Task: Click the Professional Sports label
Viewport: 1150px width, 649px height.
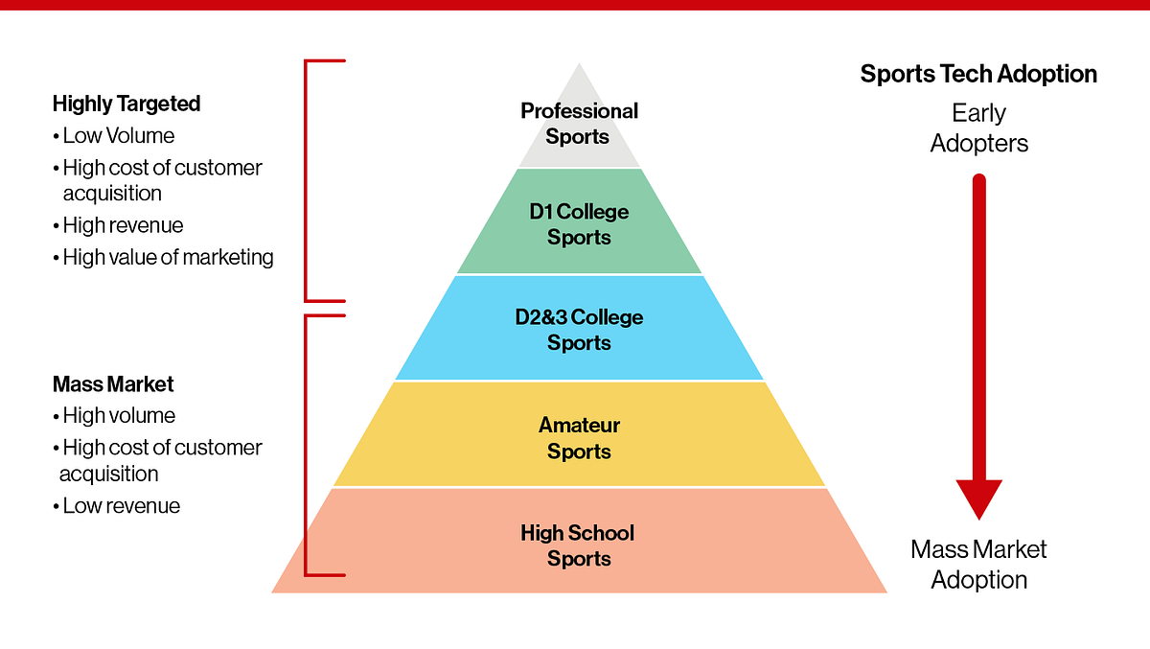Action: coord(579,124)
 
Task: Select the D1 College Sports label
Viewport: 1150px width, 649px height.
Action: coord(579,223)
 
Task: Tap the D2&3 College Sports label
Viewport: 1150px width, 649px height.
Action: coord(579,330)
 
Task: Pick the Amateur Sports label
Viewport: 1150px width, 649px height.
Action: coord(579,438)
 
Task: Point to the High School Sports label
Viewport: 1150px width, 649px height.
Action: coord(579,545)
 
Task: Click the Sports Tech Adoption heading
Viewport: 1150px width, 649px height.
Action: coord(978,74)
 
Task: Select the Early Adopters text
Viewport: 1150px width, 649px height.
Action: coord(978,128)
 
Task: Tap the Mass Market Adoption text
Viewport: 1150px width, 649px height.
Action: coord(978,564)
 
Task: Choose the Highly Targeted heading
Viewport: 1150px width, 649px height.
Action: coord(126,103)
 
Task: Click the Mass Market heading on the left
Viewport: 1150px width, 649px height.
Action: coord(113,384)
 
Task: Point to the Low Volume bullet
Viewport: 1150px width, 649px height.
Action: coord(118,135)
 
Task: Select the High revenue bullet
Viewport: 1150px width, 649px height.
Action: coord(122,225)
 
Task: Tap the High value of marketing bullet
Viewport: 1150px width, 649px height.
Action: coord(167,257)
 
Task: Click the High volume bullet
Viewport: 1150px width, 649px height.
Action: coord(118,415)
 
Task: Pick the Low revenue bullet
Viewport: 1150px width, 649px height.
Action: coord(120,505)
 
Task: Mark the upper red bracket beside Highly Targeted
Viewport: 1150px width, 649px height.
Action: coord(308,180)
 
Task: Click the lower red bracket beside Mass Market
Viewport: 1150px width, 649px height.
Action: coord(308,445)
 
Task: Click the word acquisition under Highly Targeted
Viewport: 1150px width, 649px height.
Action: coord(112,193)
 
